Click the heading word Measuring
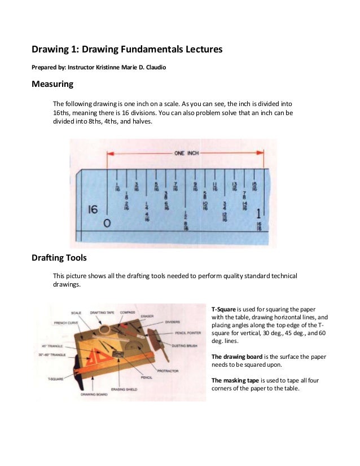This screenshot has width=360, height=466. coord(52,85)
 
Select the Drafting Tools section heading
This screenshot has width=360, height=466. coord(60,258)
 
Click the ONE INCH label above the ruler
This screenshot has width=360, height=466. coord(186,153)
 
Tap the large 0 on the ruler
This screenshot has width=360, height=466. coord(107,223)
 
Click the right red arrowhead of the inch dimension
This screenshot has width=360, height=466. coord(260,153)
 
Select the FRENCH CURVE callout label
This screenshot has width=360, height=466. coord(65,323)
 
